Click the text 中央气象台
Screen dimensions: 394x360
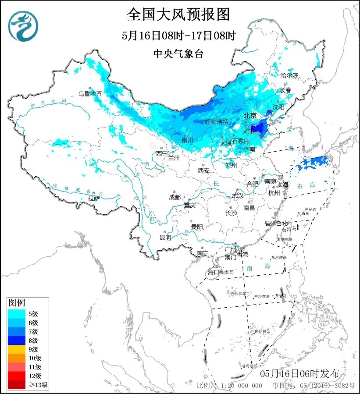coord(178,54)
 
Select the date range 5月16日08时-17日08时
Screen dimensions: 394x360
coord(178,35)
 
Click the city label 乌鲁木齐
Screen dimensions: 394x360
coord(90,93)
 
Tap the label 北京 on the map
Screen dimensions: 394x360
coord(250,116)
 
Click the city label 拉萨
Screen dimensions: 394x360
coord(94,198)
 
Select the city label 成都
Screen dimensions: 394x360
coord(175,197)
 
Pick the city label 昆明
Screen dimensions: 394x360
coord(166,237)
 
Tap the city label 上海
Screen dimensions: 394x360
coord(283,185)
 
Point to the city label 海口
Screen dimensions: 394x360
coord(213,272)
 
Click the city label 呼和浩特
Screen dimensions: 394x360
coord(217,121)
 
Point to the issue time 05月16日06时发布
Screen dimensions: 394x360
coord(299,373)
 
